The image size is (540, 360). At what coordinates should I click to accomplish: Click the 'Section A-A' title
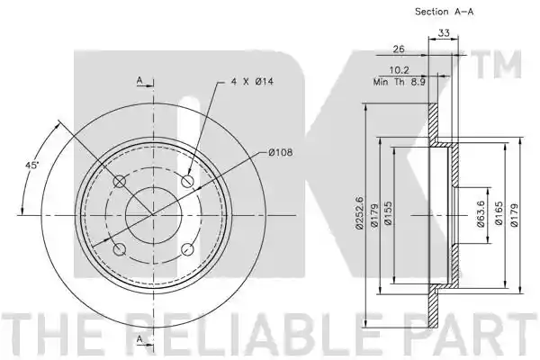click(444, 12)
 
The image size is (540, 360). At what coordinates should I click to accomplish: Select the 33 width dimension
click(444, 33)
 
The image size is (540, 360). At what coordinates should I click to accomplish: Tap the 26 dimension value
click(399, 49)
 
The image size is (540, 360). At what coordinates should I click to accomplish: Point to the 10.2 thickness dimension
click(399, 70)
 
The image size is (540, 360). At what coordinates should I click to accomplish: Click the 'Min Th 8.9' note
click(399, 82)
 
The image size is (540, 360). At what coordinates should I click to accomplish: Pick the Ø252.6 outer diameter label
click(359, 212)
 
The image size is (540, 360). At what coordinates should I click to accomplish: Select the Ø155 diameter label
click(389, 213)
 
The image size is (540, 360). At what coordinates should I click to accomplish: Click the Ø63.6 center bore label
click(481, 214)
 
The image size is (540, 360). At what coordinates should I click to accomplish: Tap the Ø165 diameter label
click(499, 213)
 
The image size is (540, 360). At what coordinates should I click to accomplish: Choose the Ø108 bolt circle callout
click(280, 152)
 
